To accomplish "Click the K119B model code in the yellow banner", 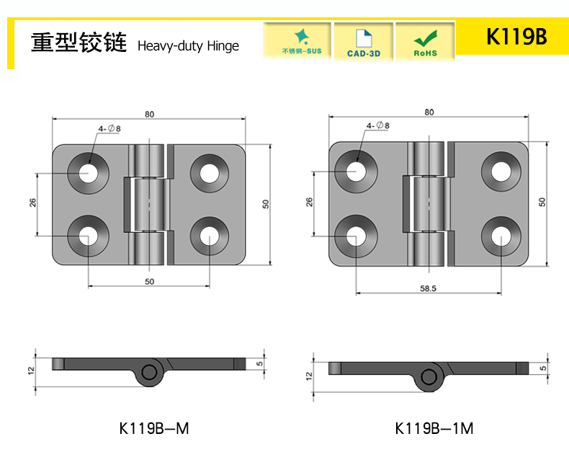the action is [x=516, y=37].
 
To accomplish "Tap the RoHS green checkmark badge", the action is [x=425, y=42].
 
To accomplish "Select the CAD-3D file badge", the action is [x=364, y=42].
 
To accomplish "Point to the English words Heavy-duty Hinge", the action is [x=188, y=46].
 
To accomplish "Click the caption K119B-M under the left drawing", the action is [x=154, y=428].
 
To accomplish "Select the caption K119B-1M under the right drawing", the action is [x=434, y=428].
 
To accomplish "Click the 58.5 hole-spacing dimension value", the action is [x=429, y=288].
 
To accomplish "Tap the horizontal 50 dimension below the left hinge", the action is [x=150, y=282].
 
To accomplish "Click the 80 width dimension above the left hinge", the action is [x=150, y=114].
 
